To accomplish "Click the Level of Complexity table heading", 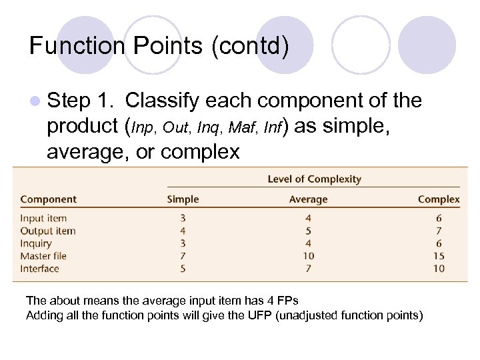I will [x=314, y=179].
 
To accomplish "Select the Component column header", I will [x=48, y=199].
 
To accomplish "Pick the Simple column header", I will [x=183, y=199].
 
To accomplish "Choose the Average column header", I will [x=308, y=199].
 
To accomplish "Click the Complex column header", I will [x=438, y=199].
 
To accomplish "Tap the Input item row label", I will [x=43, y=218].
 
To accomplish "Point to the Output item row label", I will [x=47, y=231].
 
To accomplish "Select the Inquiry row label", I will [x=36, y=243].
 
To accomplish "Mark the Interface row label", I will [x=39, y=269].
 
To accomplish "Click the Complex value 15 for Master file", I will [x=438, y=256].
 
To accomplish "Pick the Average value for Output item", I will [x=308, y=231].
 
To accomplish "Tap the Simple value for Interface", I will [x=183, y=269].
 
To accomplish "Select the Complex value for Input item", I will [x=438, y=218].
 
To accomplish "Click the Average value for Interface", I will [x=308, y=269].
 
